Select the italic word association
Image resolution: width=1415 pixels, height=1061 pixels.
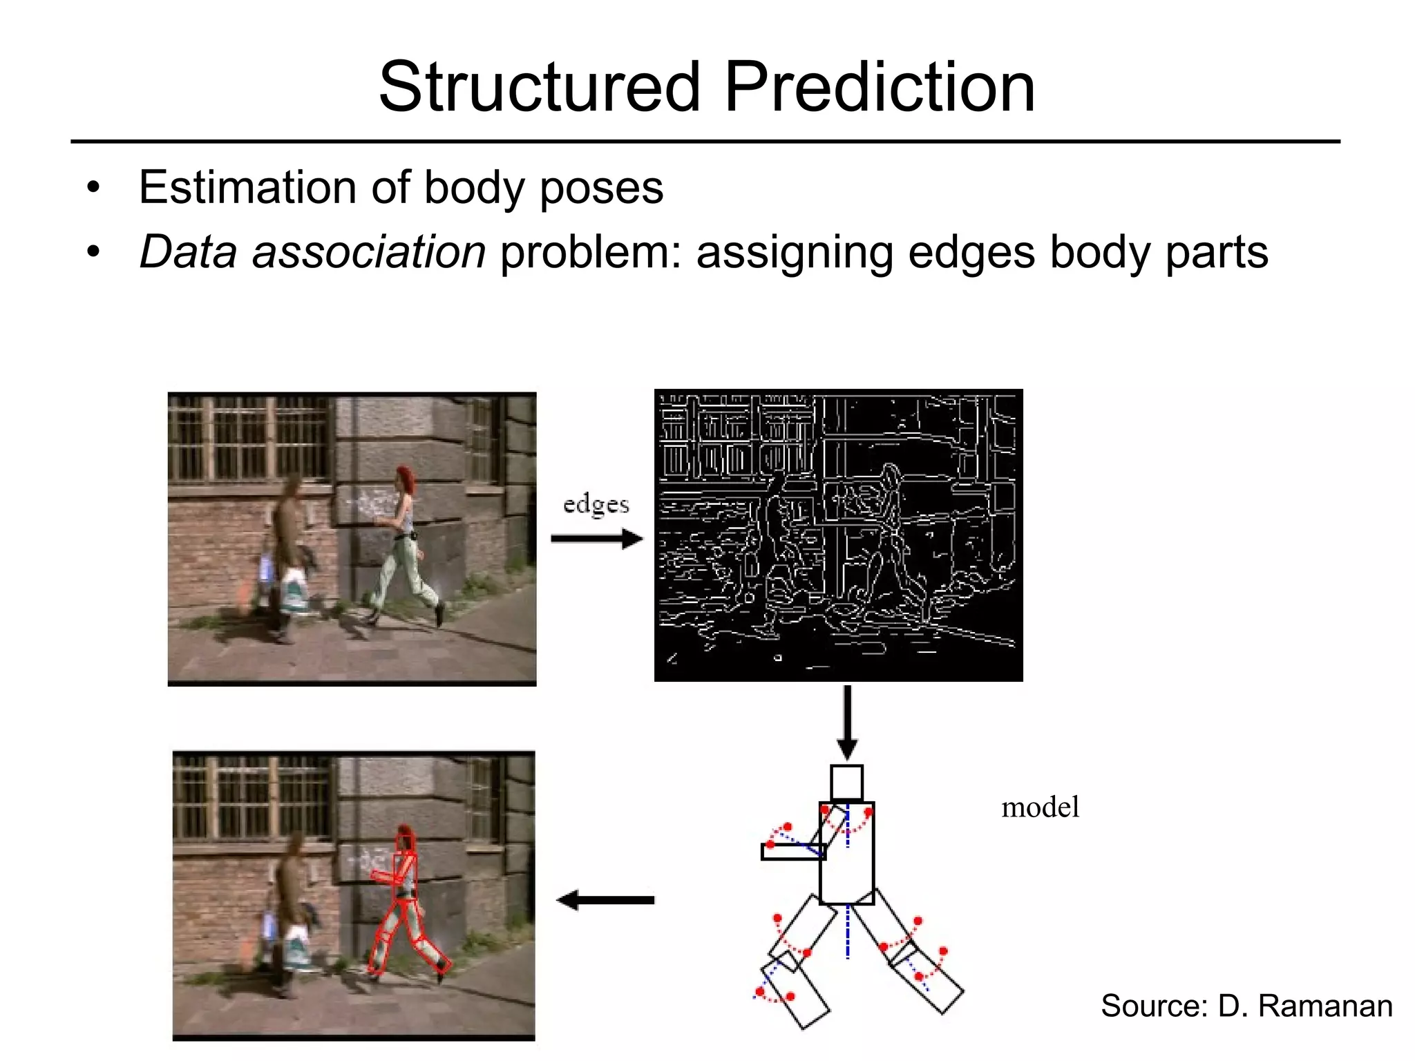[369, 252]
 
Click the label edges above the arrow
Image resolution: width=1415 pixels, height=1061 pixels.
[596, 505]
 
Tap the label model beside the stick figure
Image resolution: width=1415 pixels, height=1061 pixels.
[1040, 807]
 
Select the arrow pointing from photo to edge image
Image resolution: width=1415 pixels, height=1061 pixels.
[597, 539]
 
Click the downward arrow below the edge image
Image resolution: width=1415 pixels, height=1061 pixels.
[847, 723]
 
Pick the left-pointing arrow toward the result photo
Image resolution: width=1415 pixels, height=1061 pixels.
[605, 900]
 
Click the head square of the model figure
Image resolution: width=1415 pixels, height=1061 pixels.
[846, 783]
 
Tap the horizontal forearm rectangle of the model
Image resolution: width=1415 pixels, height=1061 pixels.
[792, 852]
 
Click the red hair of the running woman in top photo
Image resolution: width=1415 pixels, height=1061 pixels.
[404, 477]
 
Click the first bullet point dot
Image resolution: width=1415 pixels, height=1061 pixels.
[93, 188]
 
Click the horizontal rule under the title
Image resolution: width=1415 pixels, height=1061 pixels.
[705, 142]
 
